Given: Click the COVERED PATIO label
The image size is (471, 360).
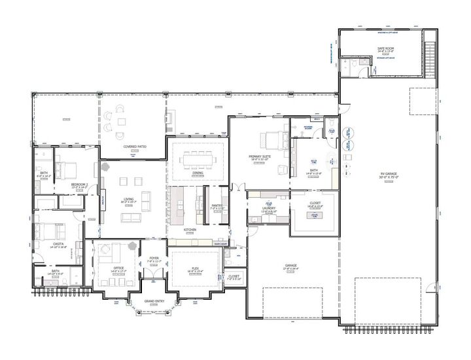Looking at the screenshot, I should tap(134, 147).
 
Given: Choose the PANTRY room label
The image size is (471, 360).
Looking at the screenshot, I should tap(217, 206).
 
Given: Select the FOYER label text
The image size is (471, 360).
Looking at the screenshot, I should tap(154, 258).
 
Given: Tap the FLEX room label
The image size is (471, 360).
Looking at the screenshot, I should tap(195, 268).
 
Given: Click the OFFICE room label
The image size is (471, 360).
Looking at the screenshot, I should tap(119, 268).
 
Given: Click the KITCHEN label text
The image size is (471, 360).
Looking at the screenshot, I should tap(190, 230).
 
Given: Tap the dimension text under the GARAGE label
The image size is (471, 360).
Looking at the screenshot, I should tap(290, 269).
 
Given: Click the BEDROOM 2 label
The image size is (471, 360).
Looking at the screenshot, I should tap(80, 185).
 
